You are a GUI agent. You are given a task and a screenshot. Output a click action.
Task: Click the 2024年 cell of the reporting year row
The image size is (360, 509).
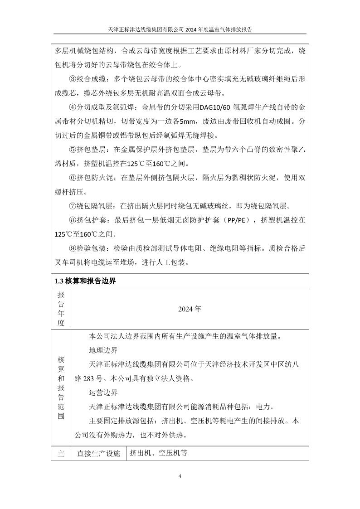click(190, 310)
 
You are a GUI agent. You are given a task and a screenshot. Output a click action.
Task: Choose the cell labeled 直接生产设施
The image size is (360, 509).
click(98, 453)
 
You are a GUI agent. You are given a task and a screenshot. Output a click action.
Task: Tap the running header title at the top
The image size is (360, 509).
click(180, 29)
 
